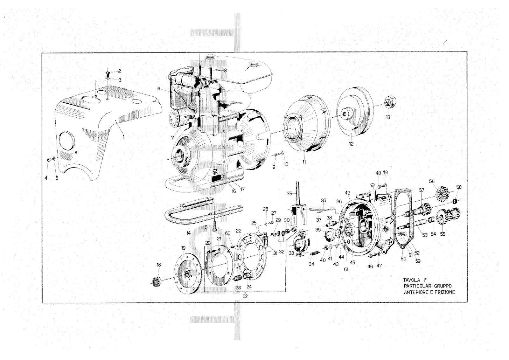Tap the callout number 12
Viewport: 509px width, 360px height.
(x=351, y=144)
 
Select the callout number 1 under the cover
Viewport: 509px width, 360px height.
(x=123, y=137)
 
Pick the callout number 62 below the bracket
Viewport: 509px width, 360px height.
(x=245, y=296)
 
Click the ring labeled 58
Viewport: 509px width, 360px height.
(x=455, y=201)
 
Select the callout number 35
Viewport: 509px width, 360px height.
(x=289, y=193)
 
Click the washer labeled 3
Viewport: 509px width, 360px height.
(x=108, y=79)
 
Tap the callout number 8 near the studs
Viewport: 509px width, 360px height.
(x=225, y=70)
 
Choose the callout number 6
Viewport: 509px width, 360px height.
(x=159, y=89)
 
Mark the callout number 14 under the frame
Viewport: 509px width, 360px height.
(x=188, y=233)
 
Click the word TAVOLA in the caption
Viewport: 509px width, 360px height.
(x=412, y=280)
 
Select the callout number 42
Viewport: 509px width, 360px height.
(x=347, y=193)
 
